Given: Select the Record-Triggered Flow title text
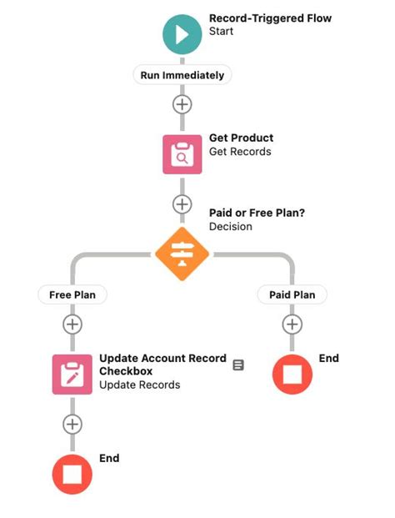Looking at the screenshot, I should (269, 18).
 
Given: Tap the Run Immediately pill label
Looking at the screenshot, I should (182, 74).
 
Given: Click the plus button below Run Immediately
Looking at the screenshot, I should (182, 104).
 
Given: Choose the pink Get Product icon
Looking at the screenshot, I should (182, 153).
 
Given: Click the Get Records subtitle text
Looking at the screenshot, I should (240, 152).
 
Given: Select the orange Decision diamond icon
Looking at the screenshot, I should (182, 254).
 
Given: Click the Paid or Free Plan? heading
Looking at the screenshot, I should (257, 213).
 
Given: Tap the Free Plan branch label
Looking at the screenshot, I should (72, 294).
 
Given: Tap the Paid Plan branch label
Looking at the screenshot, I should (292, 294).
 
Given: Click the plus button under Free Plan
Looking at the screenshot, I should (72, 324).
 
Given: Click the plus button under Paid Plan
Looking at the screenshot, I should (292, 324).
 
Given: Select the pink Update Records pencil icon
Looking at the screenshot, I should (72, 374).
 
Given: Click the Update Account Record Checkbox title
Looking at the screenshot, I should (162, 364).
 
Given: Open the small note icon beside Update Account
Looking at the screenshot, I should (238, 365).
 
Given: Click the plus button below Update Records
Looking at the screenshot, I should (72, 424).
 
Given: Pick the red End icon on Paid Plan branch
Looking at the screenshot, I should (292, 374).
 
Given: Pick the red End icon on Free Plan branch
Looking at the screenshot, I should (72, 474).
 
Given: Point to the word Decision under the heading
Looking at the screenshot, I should (231, 227).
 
